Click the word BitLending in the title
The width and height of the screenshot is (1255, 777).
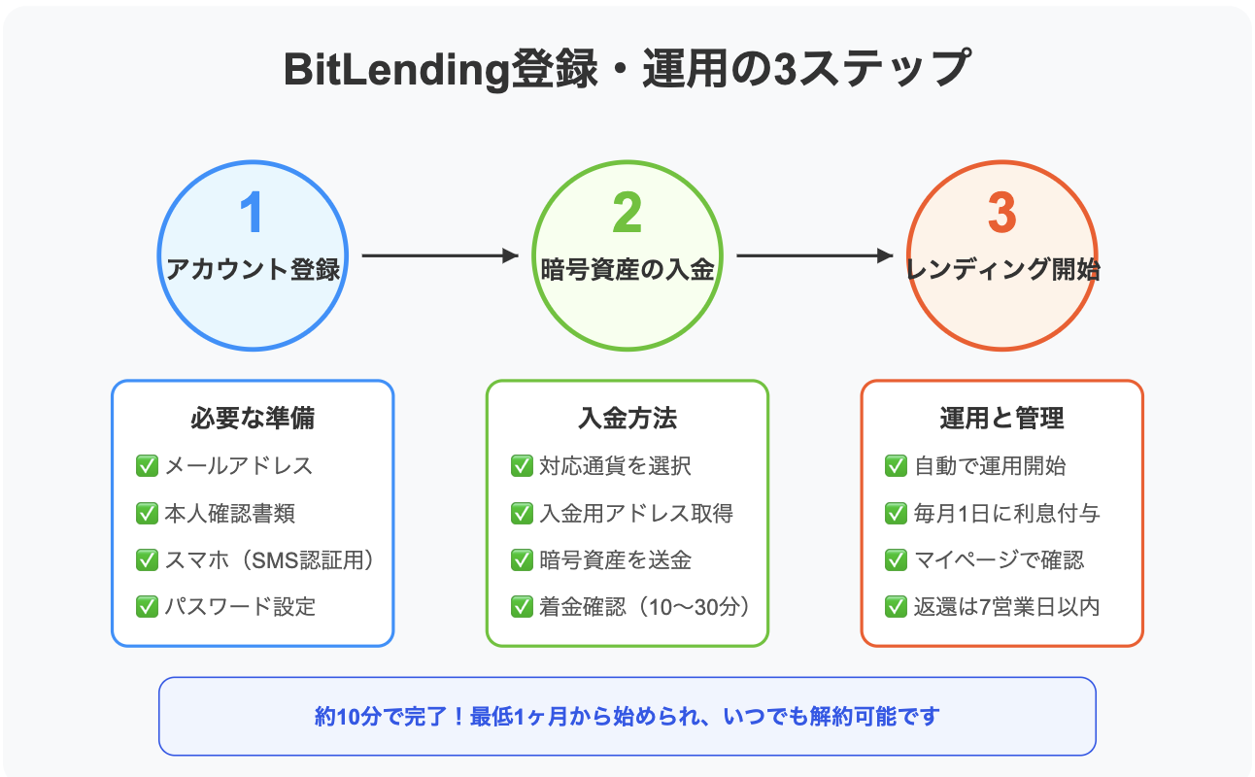tap(396, 71)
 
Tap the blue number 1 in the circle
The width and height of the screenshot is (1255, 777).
tap(252, 212)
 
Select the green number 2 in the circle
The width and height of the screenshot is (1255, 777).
tap(627, 212)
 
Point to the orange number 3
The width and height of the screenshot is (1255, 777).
tap(1001, 212)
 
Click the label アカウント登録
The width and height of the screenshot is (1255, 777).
tap(253, 269)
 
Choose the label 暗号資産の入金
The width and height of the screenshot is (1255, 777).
tap(627, 269)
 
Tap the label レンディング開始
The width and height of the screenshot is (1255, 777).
tap(1002, 269)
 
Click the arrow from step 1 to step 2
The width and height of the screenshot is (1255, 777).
tap(440, 255)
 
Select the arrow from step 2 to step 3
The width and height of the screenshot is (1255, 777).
tap(815, 255)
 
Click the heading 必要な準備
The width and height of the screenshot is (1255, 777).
tap(253, 418)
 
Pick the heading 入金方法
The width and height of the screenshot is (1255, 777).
tap(627, 418)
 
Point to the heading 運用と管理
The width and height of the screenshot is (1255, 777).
tap(1001, 418)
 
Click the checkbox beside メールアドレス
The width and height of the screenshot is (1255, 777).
tap(147, 465)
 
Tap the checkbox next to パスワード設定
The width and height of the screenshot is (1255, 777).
tap(147, 606)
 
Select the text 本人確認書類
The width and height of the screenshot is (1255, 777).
tap(229, 513)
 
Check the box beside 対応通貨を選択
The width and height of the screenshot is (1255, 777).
tap(522, 465)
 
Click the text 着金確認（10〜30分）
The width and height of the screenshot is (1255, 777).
tap(644, 607)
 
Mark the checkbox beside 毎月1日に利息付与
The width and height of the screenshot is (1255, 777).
tap(896, 513)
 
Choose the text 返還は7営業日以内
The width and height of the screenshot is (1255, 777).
tap(1006, 607)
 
